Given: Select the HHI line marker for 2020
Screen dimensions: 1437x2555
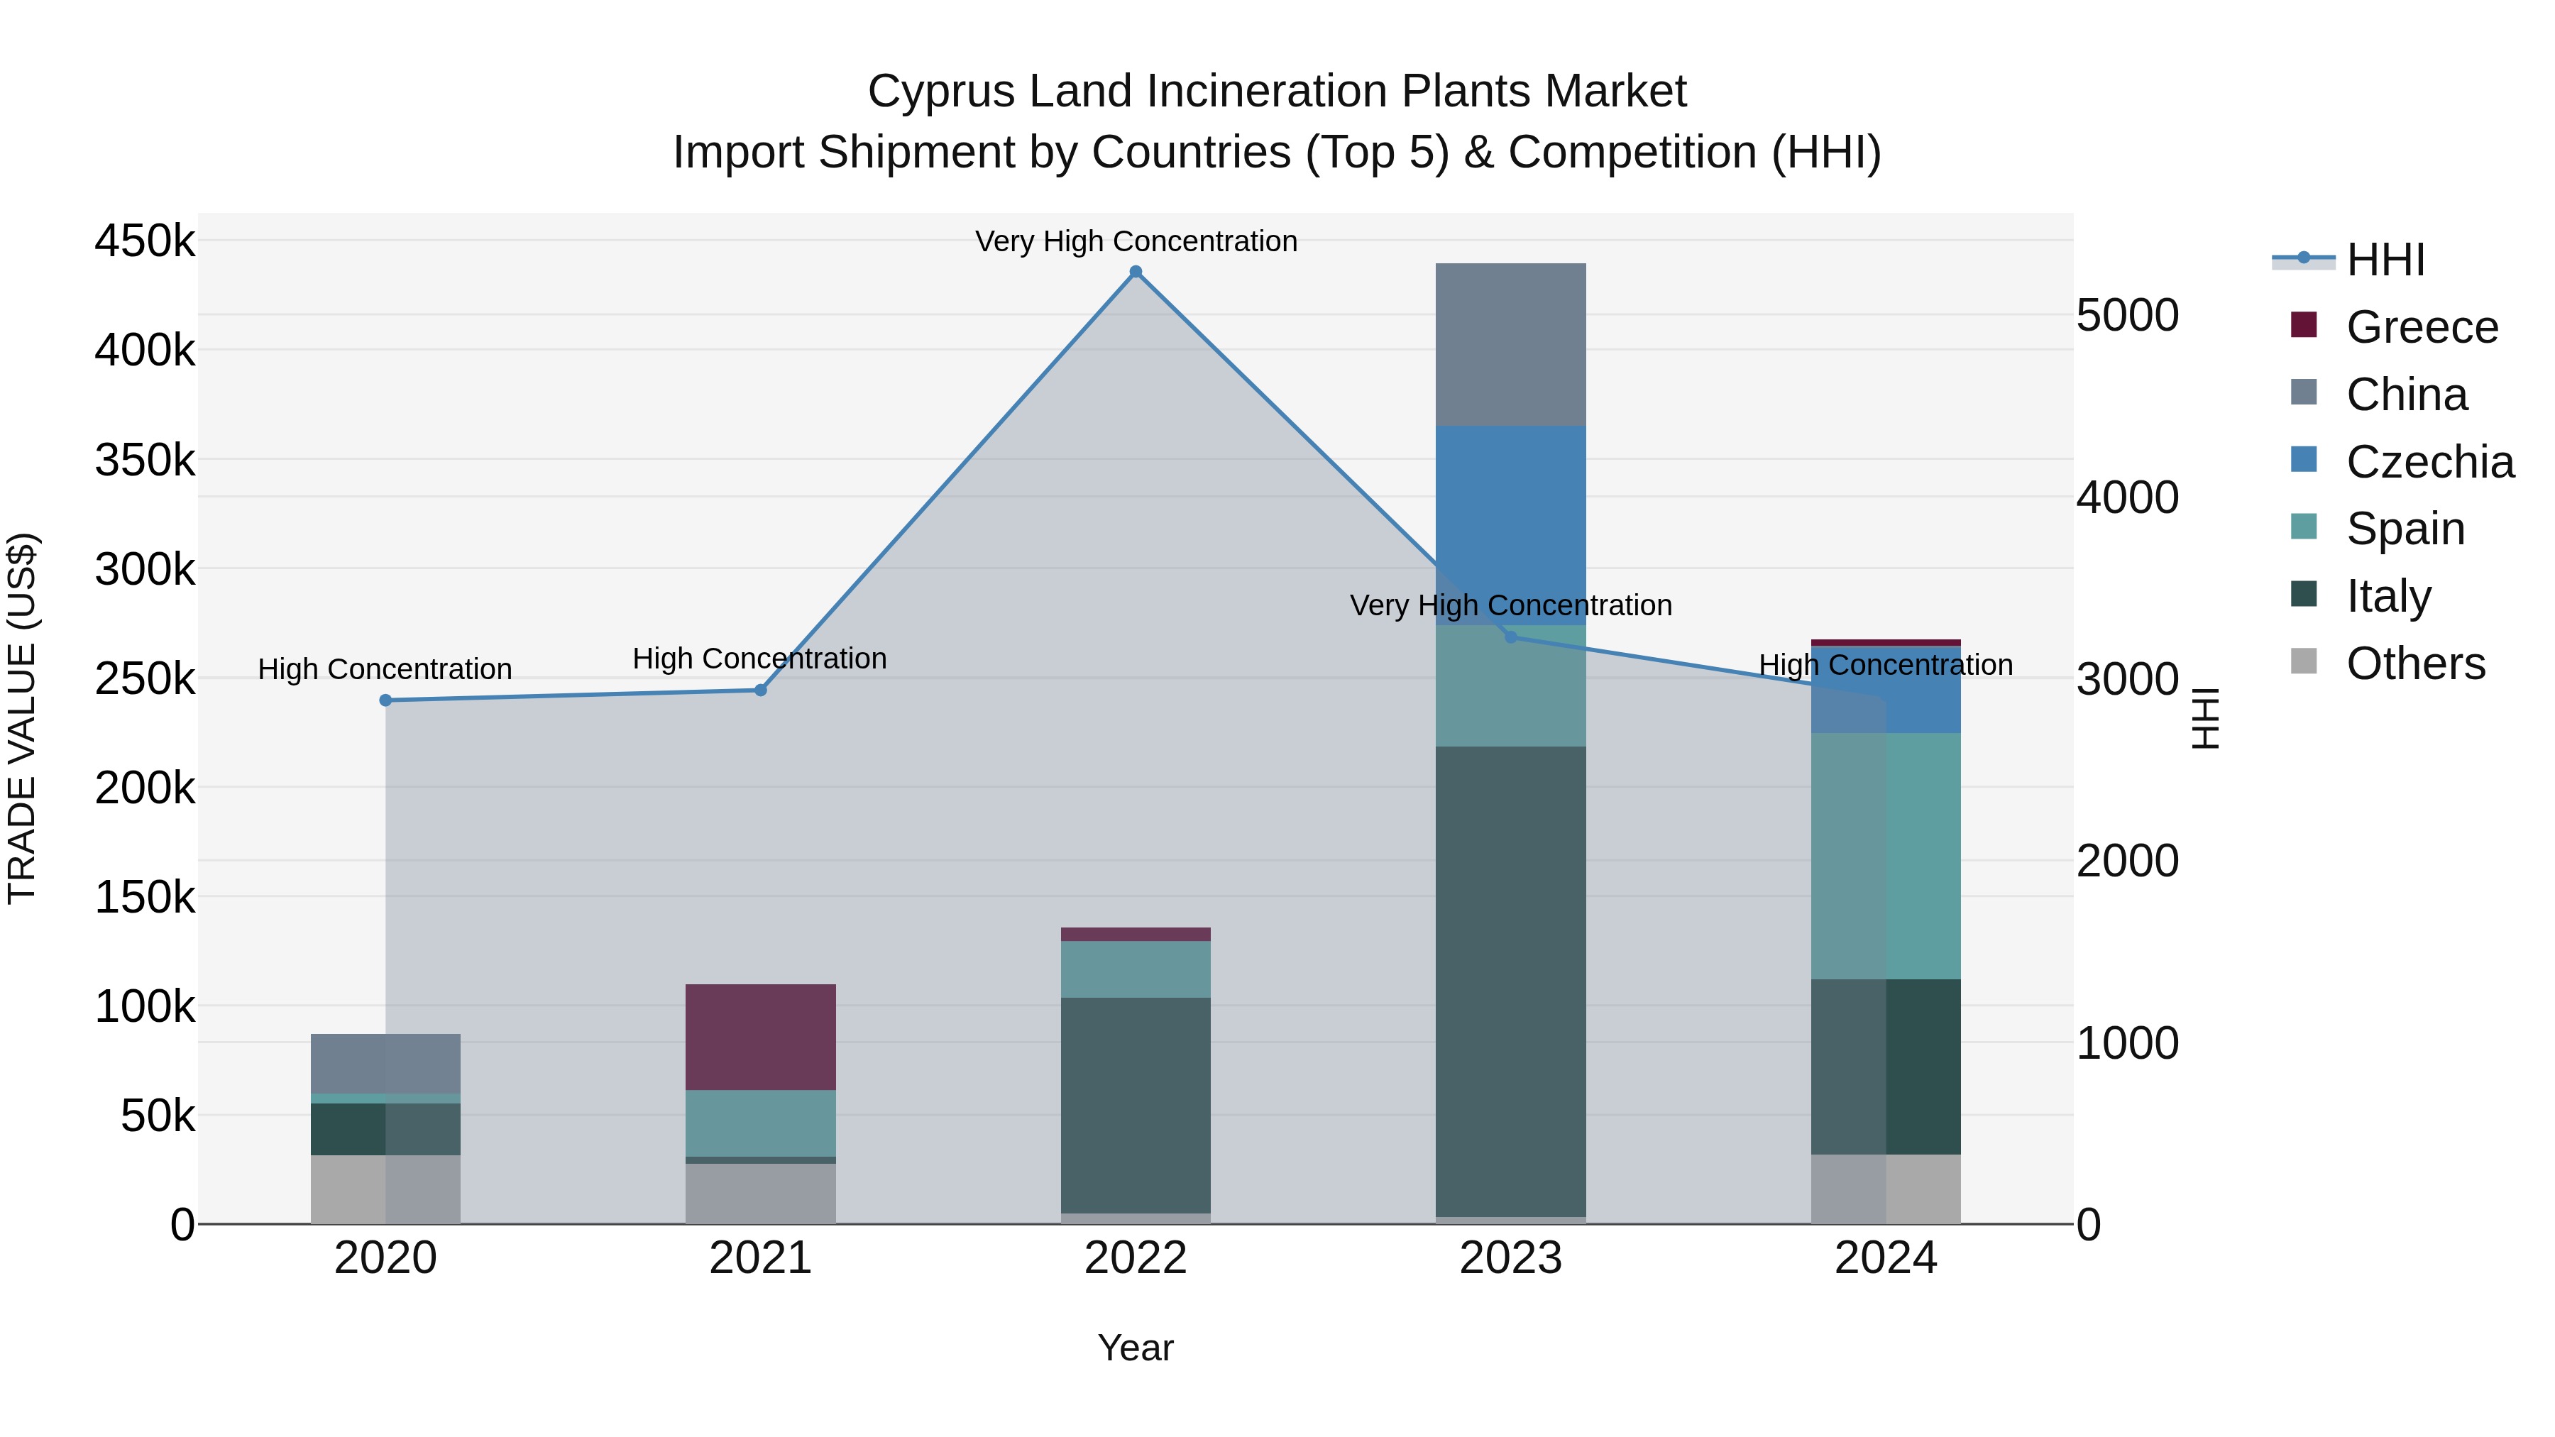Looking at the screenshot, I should pos(386,700).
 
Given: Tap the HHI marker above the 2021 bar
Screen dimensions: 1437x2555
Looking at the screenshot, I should pos(761,690).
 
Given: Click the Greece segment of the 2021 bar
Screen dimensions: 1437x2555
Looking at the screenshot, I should pos(761,1037).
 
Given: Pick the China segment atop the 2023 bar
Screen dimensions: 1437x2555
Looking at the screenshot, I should pos(1510,344).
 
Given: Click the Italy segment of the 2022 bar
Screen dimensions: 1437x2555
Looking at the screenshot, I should pos(1136,1105).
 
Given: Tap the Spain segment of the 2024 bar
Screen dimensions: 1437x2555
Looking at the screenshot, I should pos(1886,856).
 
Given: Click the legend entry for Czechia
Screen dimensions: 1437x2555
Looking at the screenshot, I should pos(2429,462).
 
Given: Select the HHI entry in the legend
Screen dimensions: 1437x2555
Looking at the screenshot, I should pos(2385,260).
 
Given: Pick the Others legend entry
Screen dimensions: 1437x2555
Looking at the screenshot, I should pos(2414,664).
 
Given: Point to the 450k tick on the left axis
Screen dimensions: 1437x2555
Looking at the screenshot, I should pos(145,241).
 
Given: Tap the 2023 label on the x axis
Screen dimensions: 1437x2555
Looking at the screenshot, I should pos(1510,1258).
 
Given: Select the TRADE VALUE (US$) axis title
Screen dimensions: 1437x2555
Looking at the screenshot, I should pos(23,718).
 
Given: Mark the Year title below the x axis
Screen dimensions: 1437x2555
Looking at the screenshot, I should pos(1136,1348).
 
